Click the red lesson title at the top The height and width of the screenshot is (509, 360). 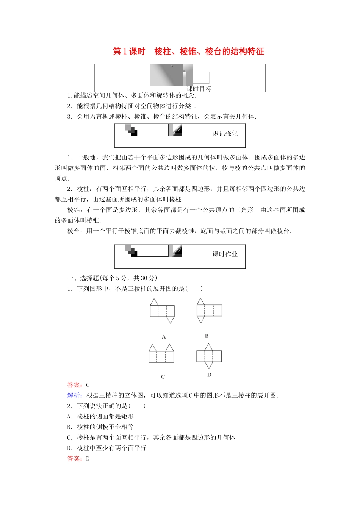[x=188, y=52]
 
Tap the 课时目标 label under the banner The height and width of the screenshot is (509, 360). [x=199, y=89]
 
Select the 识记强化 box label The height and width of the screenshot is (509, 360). [x=225, y=133]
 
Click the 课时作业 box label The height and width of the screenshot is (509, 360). [x=225, y=254]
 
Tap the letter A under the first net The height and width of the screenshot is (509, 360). [x=164, y=337]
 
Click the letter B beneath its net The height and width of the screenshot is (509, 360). [x=207, y=336]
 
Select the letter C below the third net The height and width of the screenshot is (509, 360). [x=163, y=376]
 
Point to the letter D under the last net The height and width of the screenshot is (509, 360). [x=209, y=375]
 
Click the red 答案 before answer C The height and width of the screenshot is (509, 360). [x=75, y=385]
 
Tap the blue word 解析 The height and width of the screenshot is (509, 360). [x=74, y=395]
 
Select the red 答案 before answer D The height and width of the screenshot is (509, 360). [x=75, y=459]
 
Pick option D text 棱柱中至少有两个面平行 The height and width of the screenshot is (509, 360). [x=111, y=448]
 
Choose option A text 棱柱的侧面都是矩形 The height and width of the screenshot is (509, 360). [x=105, y=416]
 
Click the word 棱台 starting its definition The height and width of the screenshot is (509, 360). [x=74, y=231]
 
